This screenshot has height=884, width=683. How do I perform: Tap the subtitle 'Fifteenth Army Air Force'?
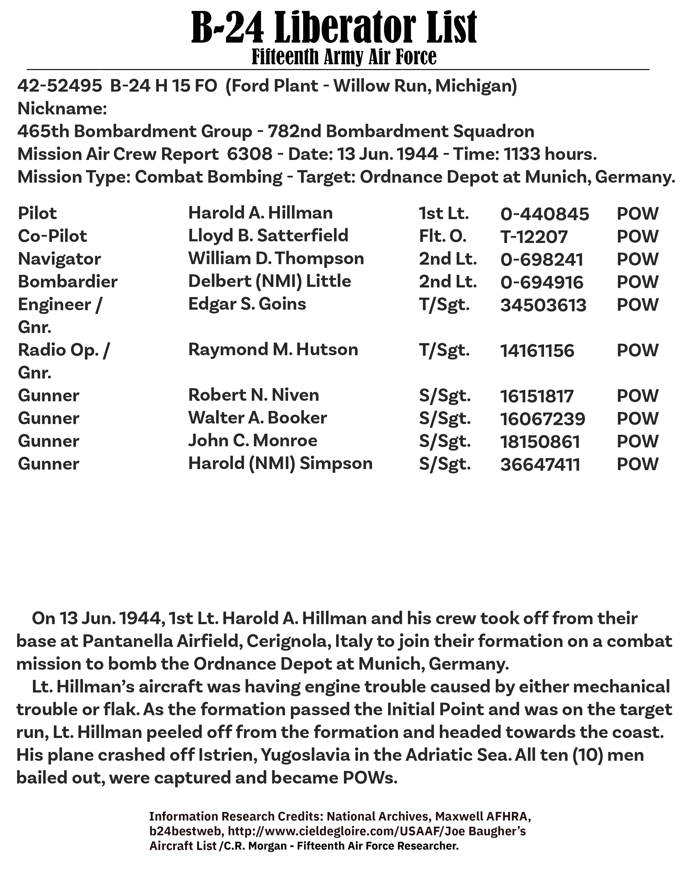click(344, 57)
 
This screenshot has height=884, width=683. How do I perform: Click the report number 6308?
click(250, 154)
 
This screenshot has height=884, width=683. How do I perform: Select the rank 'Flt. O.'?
click(443, 236)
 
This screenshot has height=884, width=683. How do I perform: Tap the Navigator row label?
click(59, 259)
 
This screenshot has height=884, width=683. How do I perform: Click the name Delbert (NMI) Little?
click(269, 281)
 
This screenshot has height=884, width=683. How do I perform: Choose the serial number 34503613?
click(543, 305)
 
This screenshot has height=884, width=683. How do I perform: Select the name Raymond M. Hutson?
click(273, 350)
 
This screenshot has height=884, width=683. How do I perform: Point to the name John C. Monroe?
click(253, 441)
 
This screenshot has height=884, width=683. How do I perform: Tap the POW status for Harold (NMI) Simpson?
click(637, 464)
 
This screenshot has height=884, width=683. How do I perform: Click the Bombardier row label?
click(67, 282)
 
